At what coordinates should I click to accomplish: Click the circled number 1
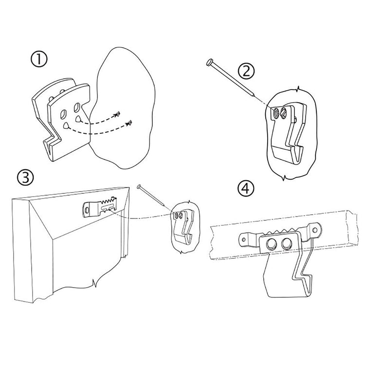pos(38,59)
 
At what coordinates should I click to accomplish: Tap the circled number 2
pos(247,71)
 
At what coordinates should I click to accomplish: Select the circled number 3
pos(25,177)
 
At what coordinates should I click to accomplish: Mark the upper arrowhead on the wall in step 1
pos(117,114)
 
